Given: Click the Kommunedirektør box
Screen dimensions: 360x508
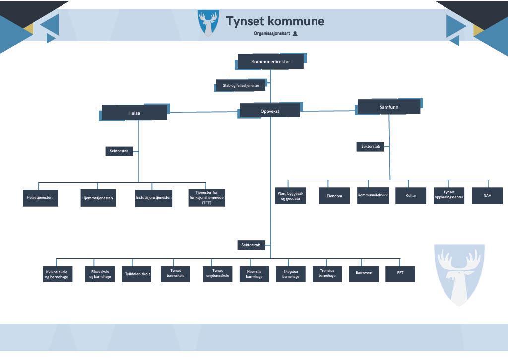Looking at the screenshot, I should (x=270, y=61).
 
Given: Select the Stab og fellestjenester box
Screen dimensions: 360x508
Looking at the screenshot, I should (x=241, y=85).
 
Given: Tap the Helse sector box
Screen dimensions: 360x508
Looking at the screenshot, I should (x=134, y=113).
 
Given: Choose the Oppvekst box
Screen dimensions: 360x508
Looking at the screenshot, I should (x=270, y=111).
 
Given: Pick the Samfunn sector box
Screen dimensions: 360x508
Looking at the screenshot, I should (x=389, y=107).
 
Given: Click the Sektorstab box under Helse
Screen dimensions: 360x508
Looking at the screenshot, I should (x=119, y=151).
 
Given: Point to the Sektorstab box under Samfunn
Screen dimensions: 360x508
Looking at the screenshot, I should (x=370, y=147).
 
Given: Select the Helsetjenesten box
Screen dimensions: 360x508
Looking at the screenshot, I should (x=40, y=198).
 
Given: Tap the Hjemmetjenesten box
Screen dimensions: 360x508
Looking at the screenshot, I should (x=98, y=198).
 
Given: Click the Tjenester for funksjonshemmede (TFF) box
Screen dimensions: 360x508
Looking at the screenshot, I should (x=207, y=197).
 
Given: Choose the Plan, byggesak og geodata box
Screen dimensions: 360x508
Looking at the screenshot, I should (x=291, y=196).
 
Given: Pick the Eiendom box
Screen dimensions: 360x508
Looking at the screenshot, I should (x=334, y=196).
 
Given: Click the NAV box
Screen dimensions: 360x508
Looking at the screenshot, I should (x=487, y=196).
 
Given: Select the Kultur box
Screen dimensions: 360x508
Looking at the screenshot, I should (x=411, y=196).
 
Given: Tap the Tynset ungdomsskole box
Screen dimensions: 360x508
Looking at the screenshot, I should (x=217, y=274).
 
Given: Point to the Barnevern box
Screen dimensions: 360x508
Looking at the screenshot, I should (x=364, y=274).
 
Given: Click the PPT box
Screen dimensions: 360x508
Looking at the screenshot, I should (x=400, y=274).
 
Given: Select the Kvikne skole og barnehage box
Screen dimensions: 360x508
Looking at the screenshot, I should (x=58, y=274).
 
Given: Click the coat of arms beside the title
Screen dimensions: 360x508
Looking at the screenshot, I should (x=208, y=22).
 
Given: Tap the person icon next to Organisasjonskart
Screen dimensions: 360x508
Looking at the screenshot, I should (x=295, y=34).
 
